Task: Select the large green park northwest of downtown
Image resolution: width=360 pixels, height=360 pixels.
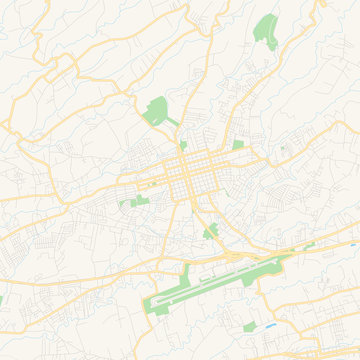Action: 157,110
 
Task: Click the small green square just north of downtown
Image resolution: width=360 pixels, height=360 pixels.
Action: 183,145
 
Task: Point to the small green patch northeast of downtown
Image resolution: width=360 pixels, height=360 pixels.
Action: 238,144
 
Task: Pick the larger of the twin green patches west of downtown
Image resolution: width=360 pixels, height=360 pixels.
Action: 141,201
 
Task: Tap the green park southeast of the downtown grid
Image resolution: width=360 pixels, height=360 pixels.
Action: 210,233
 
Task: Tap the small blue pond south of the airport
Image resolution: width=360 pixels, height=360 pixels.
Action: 272,326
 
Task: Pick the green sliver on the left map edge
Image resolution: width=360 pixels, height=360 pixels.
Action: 2,298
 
